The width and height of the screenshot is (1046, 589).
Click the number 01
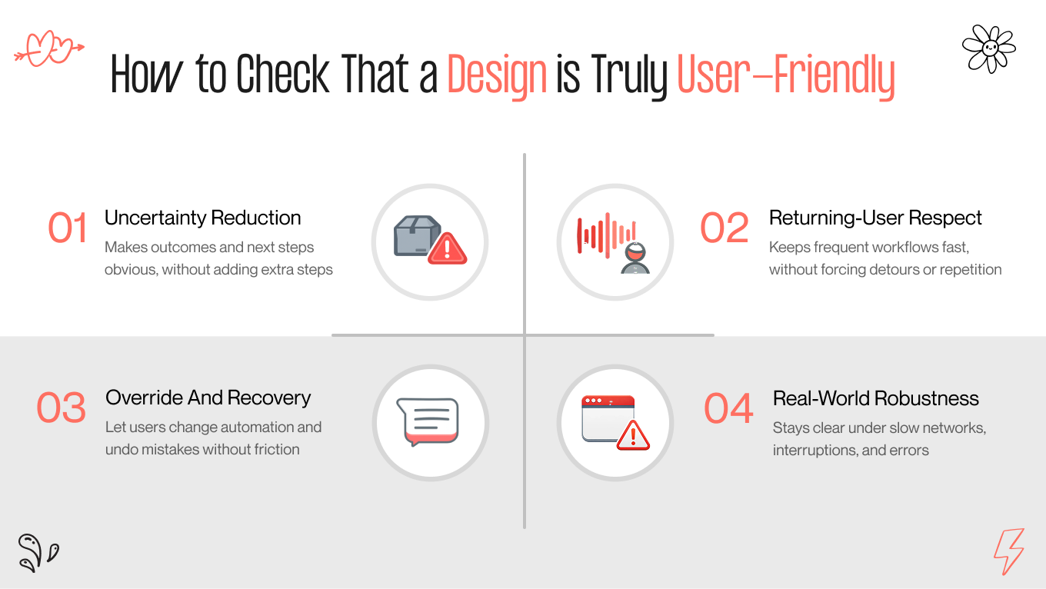68,228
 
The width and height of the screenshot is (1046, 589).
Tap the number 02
724,228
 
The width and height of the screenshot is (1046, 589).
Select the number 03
61,408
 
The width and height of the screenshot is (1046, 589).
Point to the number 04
728,409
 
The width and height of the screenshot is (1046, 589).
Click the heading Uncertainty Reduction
203,218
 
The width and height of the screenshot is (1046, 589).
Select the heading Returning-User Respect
875,218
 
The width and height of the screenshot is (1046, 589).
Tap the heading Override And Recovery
208,398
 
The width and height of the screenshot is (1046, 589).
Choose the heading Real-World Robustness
875,398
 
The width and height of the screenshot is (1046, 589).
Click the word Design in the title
497,76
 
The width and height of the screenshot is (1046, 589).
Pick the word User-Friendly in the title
785,76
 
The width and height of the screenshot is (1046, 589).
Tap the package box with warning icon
430,241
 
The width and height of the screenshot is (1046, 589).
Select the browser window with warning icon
615,422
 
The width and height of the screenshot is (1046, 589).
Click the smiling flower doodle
989,48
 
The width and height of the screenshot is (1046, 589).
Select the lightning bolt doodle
1008,551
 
